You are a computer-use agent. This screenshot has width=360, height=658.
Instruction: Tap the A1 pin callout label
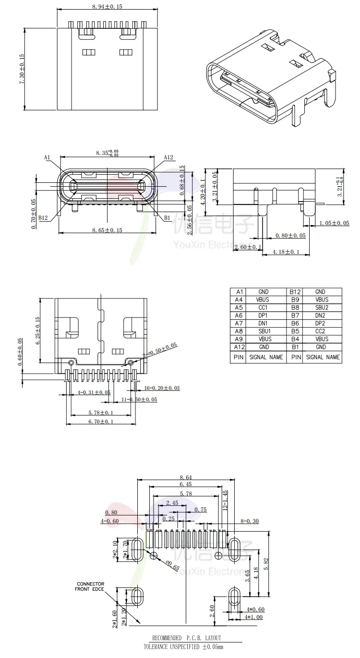pos(47,157)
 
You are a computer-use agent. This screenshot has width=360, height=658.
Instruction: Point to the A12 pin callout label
pos(168,157)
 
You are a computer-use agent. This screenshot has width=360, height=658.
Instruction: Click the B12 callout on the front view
pos(43,217)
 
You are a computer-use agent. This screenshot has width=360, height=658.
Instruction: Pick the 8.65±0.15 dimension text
pos(107,230)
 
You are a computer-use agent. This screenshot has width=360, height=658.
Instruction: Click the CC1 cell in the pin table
pos(263,308)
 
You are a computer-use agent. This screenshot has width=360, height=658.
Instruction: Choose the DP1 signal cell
pos(263,315)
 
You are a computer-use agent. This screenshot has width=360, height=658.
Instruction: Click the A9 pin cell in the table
pos(237,339)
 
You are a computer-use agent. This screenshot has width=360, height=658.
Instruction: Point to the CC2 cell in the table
pos(320,331)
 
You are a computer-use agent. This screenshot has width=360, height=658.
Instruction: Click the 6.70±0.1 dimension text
pos(101,421)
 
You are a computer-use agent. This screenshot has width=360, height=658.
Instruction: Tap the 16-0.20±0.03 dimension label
pos(162,388)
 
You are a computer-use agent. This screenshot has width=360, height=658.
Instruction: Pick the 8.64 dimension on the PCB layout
pos(186,478)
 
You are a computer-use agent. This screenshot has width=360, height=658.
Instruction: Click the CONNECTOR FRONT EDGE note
pos(90,586)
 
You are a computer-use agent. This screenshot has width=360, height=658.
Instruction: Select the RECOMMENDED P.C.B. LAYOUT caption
pos(187,638)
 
